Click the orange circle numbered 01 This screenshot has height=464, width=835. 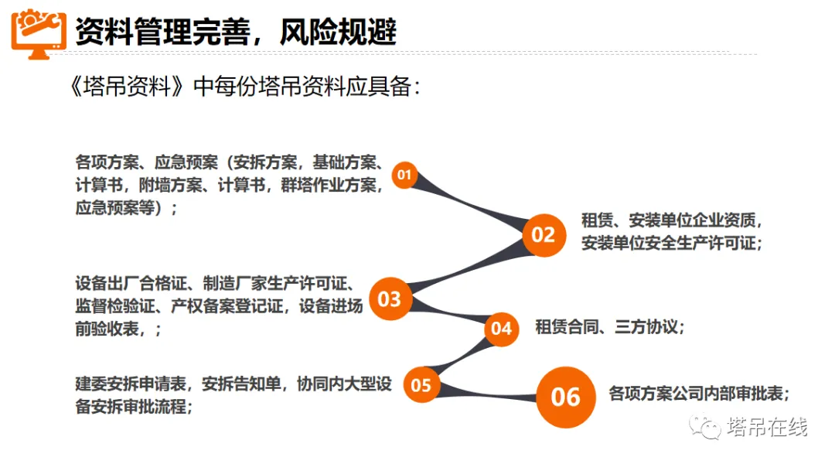pos(404,176)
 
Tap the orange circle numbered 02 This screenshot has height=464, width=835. pos(544,234)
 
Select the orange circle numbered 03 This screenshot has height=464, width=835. pos(390,299)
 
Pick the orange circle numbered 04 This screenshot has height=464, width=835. pos(501,329)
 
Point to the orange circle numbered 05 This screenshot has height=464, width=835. pos(421,384)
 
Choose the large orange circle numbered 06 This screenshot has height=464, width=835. pos(565,397)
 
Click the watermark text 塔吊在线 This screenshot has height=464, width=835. pos(767,427)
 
